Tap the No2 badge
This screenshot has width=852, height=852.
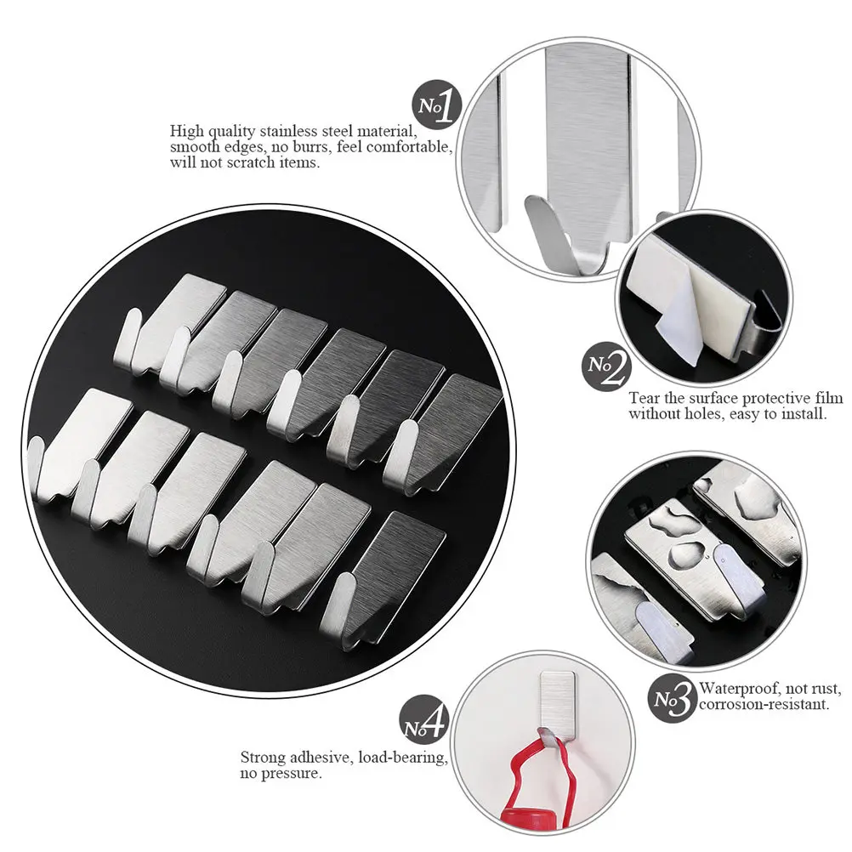tap(610, 366)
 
